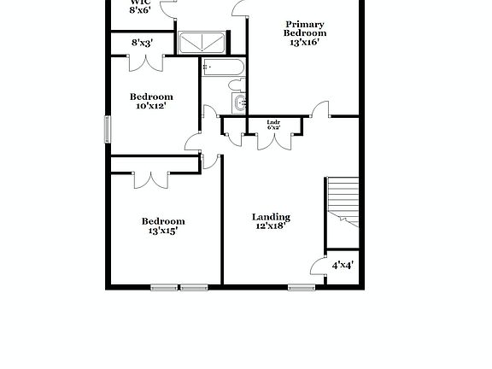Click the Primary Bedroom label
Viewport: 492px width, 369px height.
pyautogui.click(x=305, y=28)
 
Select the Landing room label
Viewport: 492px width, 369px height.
pyautogui.click(x=271, y=217)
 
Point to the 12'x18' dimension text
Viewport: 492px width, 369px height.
pyautogui.click(x=271, y=227)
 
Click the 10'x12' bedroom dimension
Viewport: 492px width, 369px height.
pyautogui.click(x=150, y=107)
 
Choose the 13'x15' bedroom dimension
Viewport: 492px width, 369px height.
pyautogui.click(x=162, y=231)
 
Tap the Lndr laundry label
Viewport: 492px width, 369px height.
pyautogui.click(x=273, y=122)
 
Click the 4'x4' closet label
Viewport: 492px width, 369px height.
pyautogui.click(x=343, y=266)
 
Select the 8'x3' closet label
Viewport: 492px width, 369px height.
pyautogui.click(x=142, y=43)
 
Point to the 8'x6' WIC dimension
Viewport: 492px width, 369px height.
pyautogui.click(x=140, y=10)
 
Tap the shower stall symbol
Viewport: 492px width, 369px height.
pyautogui.click(x=203, y=43)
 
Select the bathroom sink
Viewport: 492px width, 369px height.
pyautogui.click(x=241, y=104)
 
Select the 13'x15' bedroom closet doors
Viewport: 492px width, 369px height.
pyautogui.click(x=149, y=179)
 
